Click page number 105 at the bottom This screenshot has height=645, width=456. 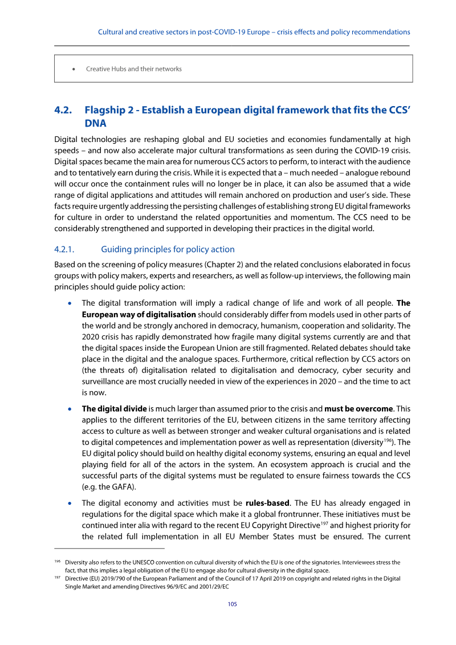click(233, 604)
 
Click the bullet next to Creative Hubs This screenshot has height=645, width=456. click(74, 69)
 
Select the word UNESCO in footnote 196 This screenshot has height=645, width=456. click(142, 562)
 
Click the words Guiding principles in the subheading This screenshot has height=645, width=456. click(136, 249)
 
